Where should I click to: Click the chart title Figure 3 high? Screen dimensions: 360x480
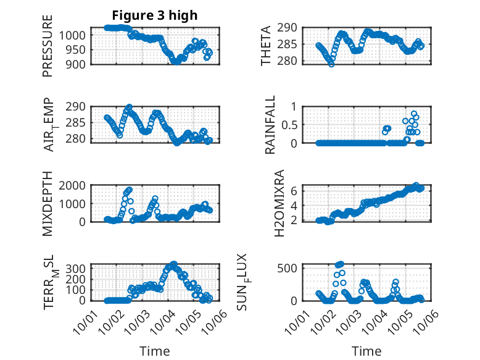coord(155,15)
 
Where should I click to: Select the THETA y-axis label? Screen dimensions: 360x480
coord(266,46)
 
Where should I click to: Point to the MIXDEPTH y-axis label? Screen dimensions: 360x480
coord(48,203)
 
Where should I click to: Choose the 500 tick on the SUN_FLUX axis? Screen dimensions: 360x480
coord(292,267)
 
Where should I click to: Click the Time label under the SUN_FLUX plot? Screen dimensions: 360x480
coord(366,351)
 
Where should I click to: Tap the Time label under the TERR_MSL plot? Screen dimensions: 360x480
coord(155,351)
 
